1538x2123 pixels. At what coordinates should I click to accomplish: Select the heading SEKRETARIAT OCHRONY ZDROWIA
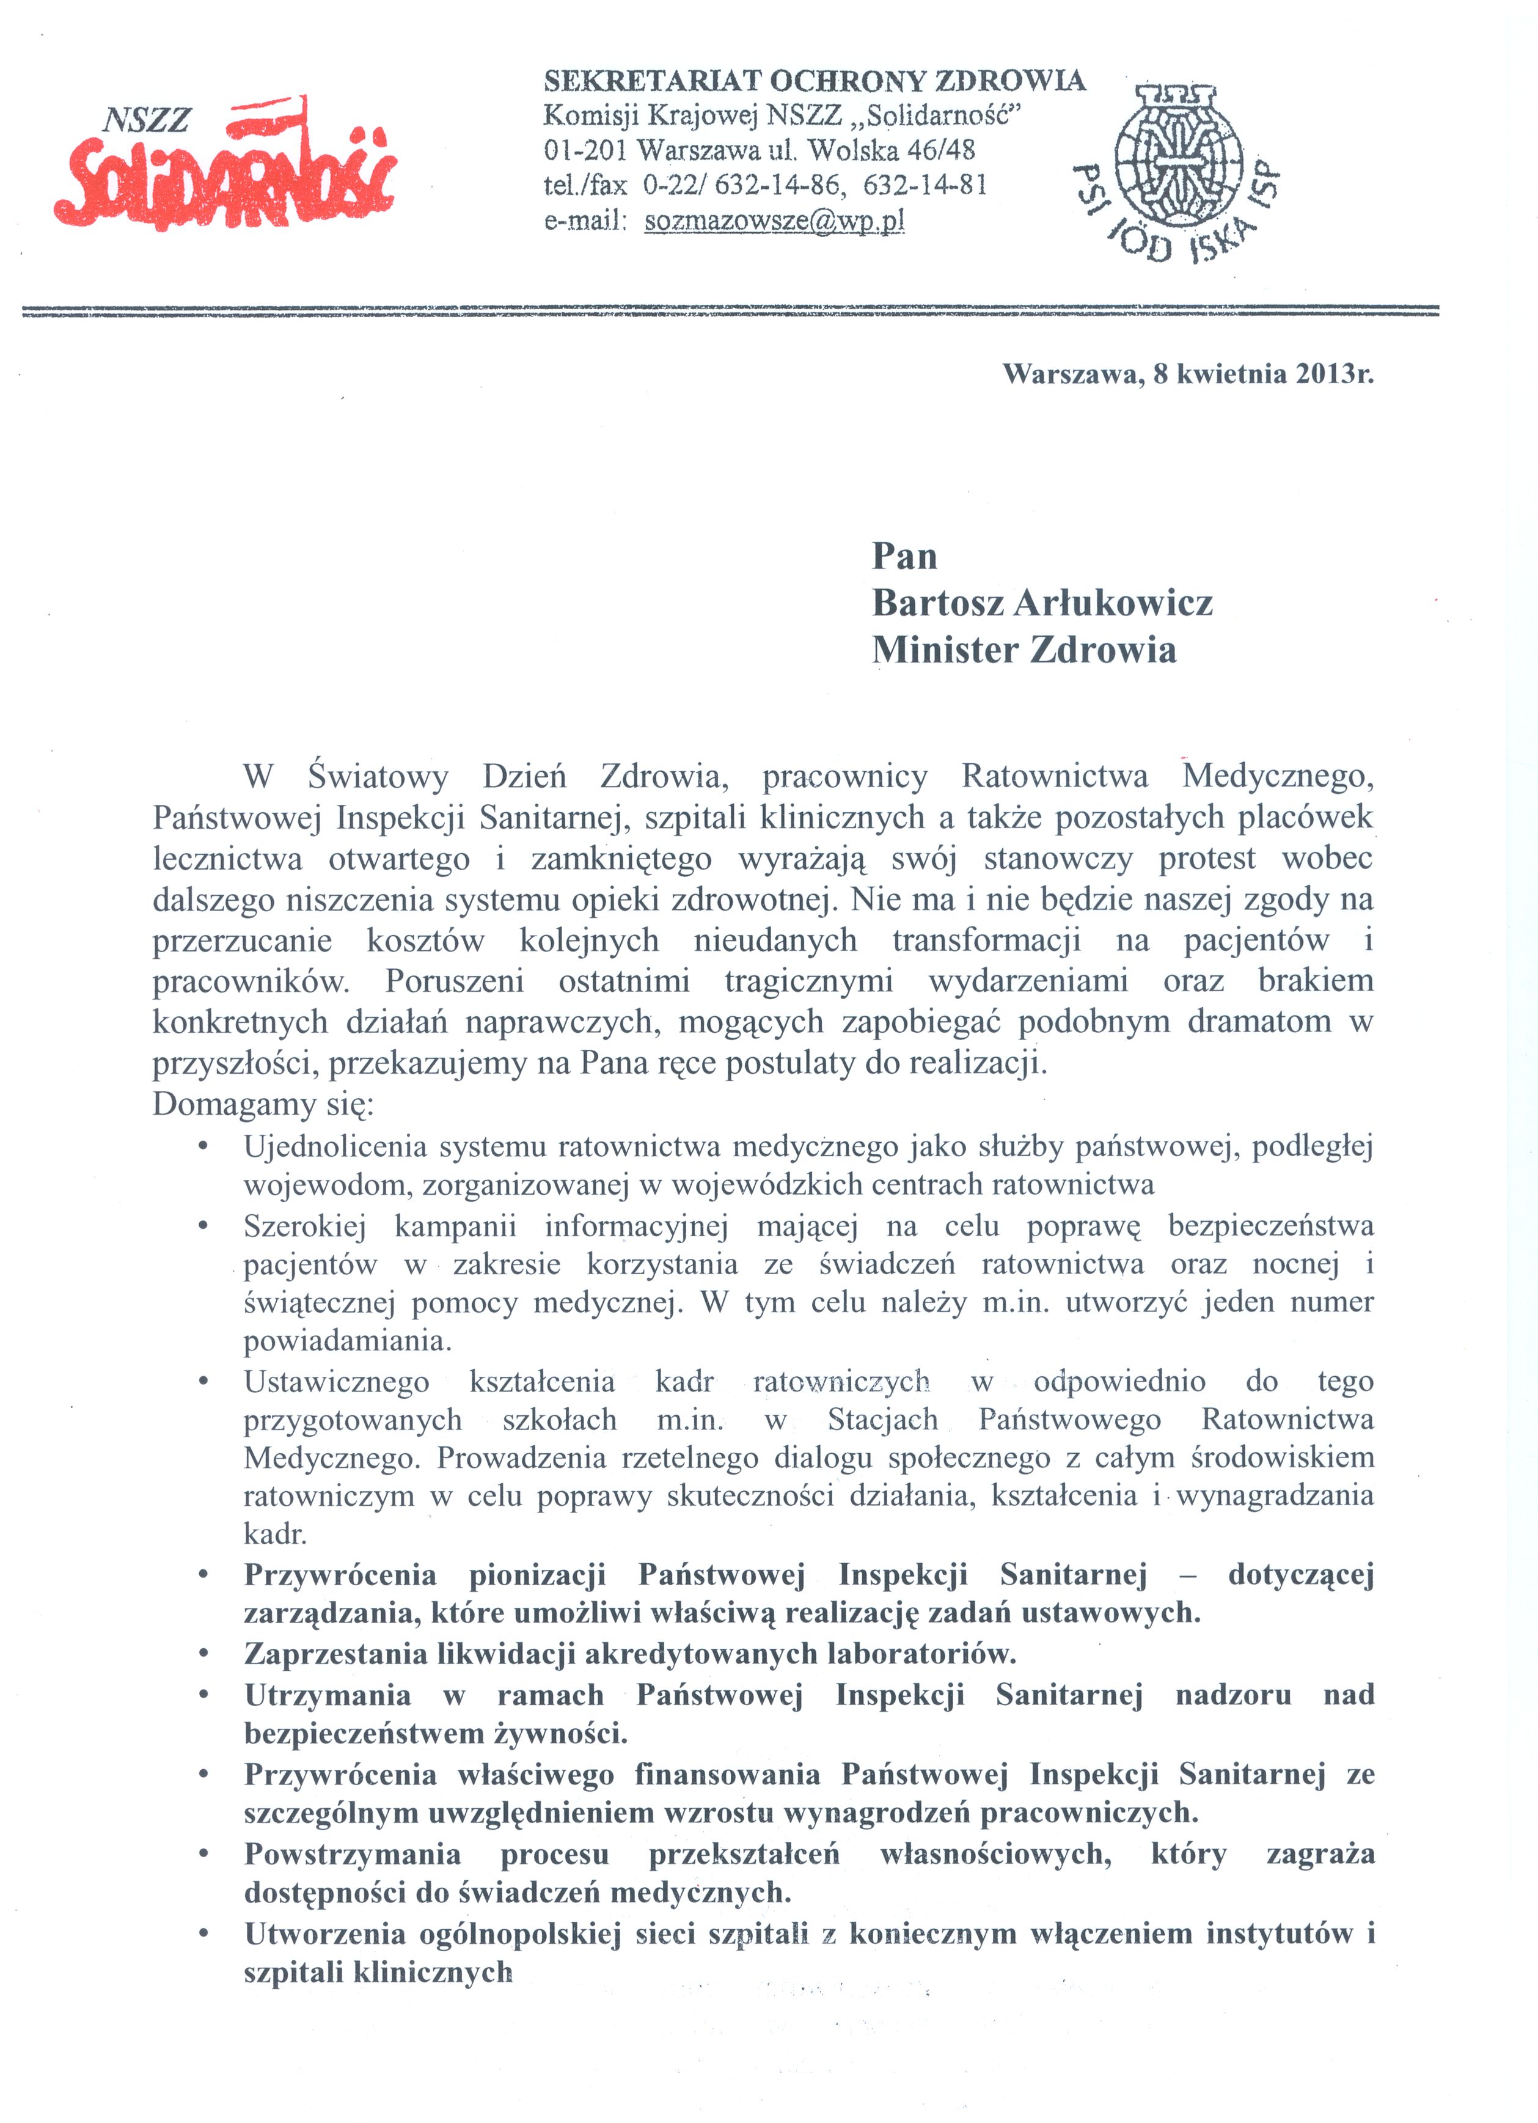(815, 81)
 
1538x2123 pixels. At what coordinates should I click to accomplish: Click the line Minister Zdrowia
(1024, 650)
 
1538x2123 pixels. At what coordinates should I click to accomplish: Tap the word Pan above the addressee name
(904, 556)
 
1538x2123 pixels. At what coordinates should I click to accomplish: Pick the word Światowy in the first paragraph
(378, 777)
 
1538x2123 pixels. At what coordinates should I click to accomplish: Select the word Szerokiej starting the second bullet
(305, 1226)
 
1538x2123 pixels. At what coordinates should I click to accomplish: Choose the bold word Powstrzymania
(352, 1854)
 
